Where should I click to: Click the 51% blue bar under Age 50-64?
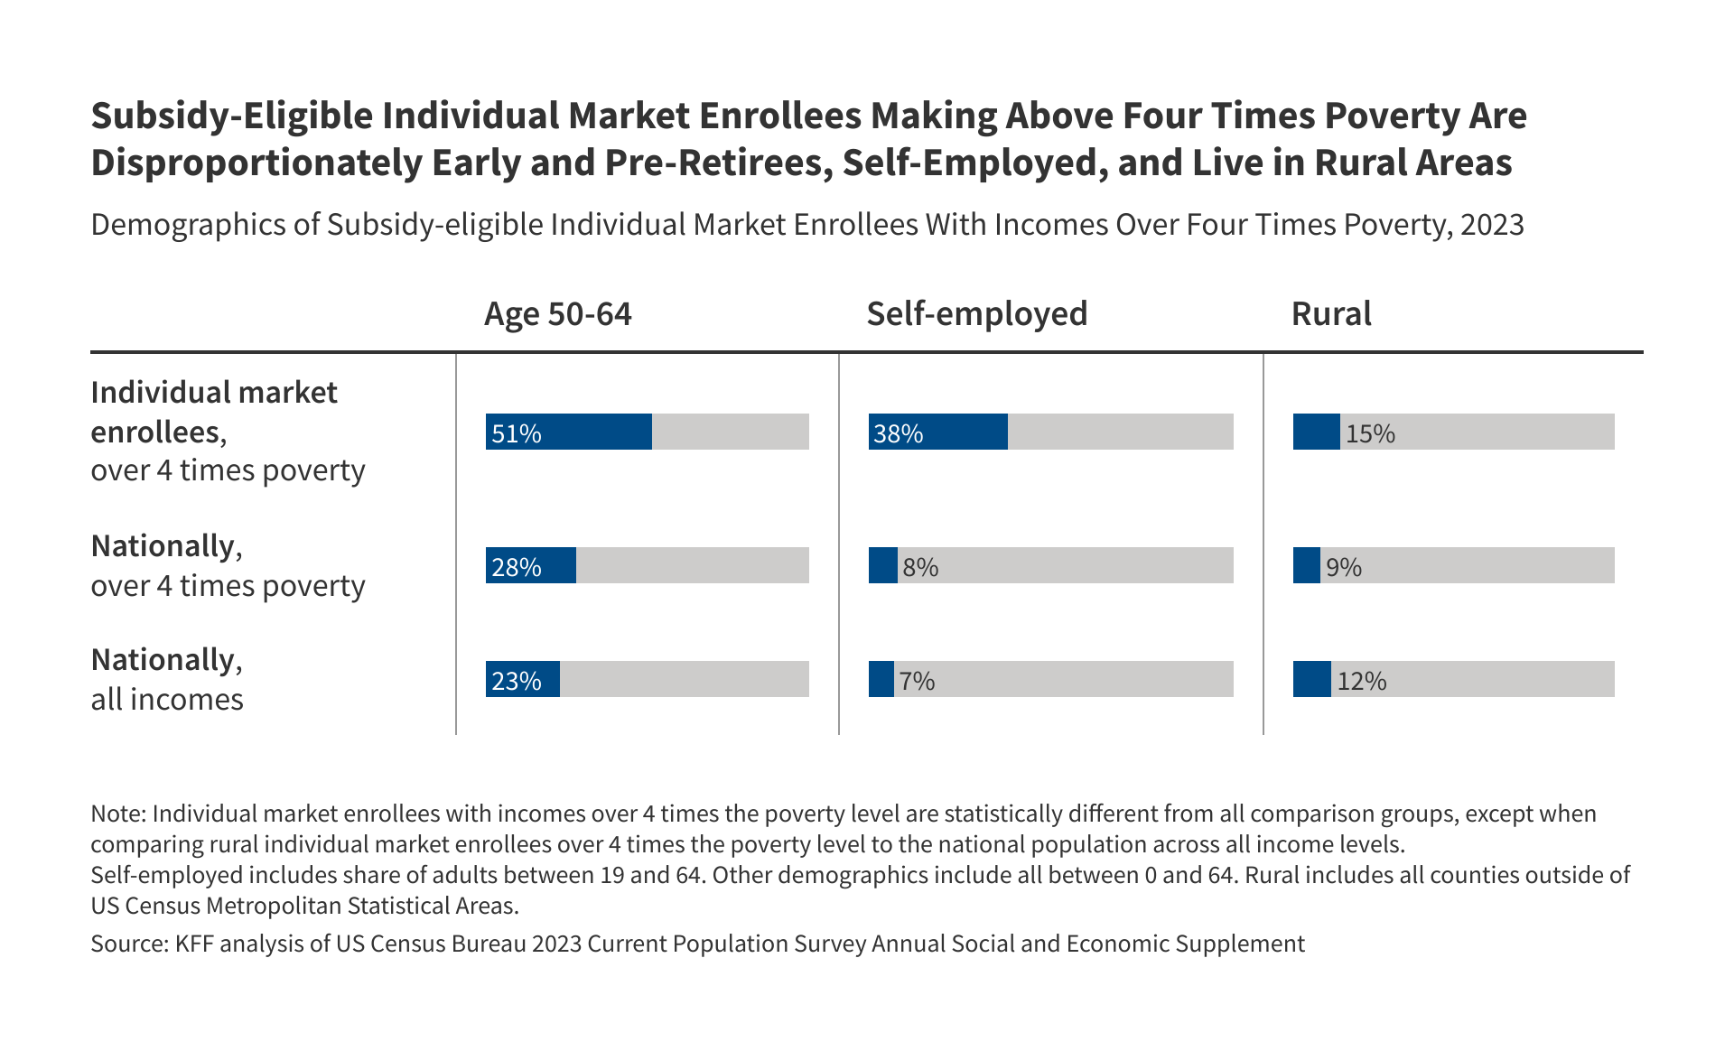coord(568,432)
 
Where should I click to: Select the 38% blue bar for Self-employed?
coord(937,432)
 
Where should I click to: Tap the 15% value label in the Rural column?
coord(1370,434)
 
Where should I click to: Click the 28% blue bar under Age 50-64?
coord(530,565)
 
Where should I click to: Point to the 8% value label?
coord(920,567)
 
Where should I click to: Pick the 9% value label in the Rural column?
coord(1343,567)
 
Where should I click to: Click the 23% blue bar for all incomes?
coord(522,679)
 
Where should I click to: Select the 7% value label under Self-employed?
coord(917,681)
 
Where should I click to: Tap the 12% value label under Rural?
coord(1361,681)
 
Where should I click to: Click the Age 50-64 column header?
coord(557,313)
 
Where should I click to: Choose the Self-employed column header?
coord(976,313)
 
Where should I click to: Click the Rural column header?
coord(1330,313)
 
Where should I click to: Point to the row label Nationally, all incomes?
coord(167,679)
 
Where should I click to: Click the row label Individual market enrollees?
coord(213,412)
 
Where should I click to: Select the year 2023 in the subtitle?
coord(1492,224)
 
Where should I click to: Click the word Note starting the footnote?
coord(117,814)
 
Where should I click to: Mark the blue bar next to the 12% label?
coord(1311,679)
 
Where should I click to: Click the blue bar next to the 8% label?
coord(882,565)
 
